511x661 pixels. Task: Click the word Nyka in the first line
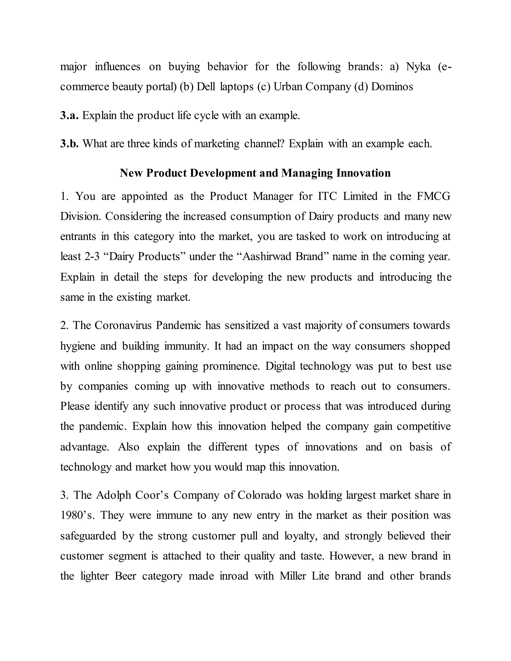point(418,67)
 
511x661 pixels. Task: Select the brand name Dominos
point(392,87)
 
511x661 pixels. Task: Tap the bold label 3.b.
point(70,143)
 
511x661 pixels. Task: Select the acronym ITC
point(327,196)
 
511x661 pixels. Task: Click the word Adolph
point(114,495)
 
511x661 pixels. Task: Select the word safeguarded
point(88,536)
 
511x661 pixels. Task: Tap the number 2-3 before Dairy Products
point(92,257)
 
